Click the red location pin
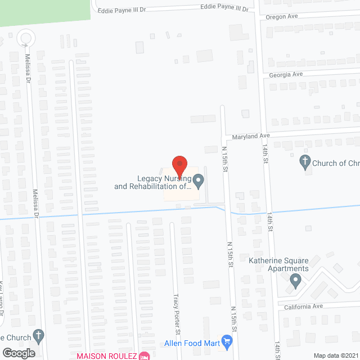tap(179, 166)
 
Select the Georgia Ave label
tap(286, 74)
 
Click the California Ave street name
tap(304, 306)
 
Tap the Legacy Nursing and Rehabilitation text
tap(153, 182)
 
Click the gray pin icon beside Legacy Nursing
tap(198, 181)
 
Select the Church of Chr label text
tap(336, 164)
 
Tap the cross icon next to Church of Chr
tap(305, 163)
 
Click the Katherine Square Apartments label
tap(279, 264)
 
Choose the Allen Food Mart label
tap(191, 343)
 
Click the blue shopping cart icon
tap(227, 341)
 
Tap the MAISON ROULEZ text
tap(107, 356)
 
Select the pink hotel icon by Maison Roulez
tap(145, 355)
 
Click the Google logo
tap(18, 353)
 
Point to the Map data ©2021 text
tap(335, 355)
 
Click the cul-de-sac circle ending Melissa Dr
tap(25, 38)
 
